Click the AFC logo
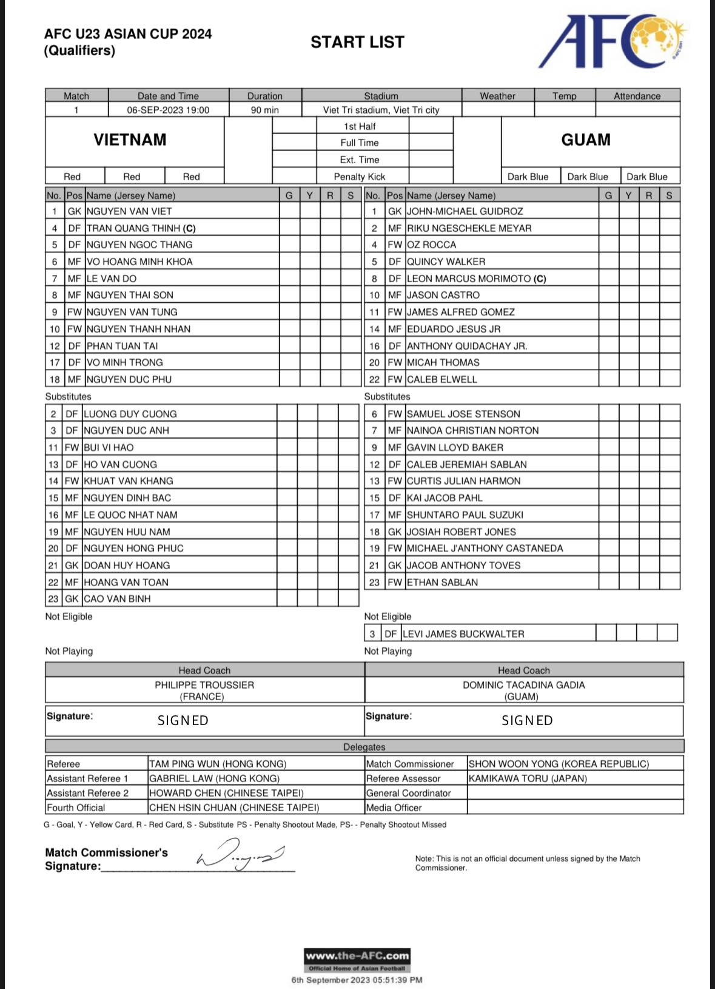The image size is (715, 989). pos(613,41)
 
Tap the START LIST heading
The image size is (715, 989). pos(357,42)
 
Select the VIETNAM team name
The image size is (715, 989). pos(130,140)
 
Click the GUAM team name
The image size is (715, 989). pos(585,140)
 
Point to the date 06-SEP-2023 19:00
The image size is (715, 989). pos(168,110)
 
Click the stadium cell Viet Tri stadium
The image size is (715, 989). pos(381,110)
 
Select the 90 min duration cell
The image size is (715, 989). pos(264,110)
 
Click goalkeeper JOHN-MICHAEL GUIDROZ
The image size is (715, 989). pos(465,212)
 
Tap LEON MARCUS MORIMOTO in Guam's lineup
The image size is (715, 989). pos(476,279)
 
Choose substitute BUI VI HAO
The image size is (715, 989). pos(109,448)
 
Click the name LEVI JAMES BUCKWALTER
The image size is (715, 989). pos(463,634)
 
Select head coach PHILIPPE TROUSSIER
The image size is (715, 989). pos(204,685)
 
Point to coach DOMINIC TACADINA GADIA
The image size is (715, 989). pos(523,685)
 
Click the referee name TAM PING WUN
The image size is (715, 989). pos(218,764)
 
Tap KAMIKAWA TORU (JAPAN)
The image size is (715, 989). pos(528,778)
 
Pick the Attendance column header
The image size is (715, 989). pos(637,96)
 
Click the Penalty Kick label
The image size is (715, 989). pos(360,177)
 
